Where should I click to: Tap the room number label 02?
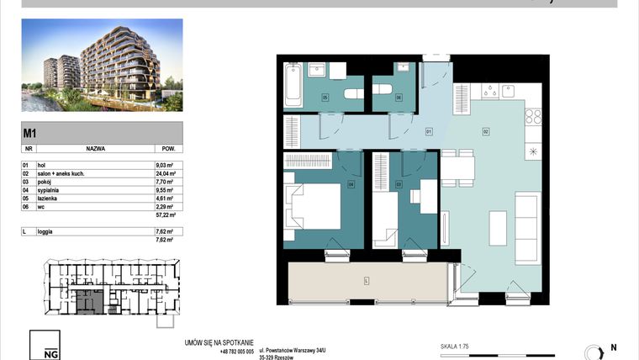[x=486, y=131]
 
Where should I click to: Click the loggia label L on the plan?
[x=367, y=280]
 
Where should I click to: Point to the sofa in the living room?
[x=527, y=217]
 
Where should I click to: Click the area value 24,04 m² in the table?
[x=164, y=173]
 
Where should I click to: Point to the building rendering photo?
[x=101, y=66]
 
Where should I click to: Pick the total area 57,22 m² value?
[x=164, y=214]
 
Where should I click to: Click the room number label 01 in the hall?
[x=428, y=131]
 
